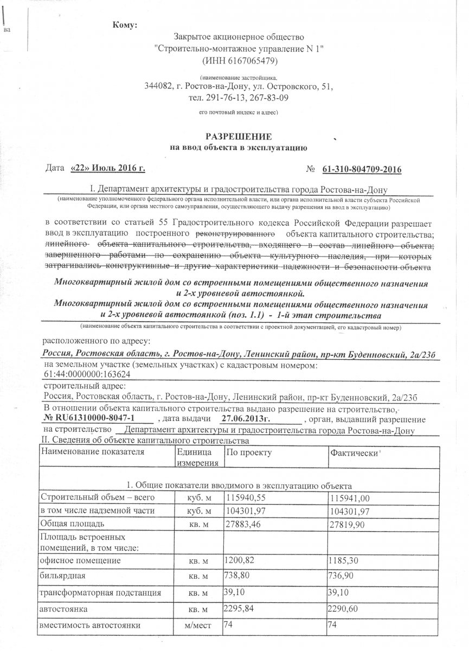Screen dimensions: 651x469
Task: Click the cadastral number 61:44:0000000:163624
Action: (x=86, y=374)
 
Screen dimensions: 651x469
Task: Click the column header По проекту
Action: (x=249, y=452)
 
